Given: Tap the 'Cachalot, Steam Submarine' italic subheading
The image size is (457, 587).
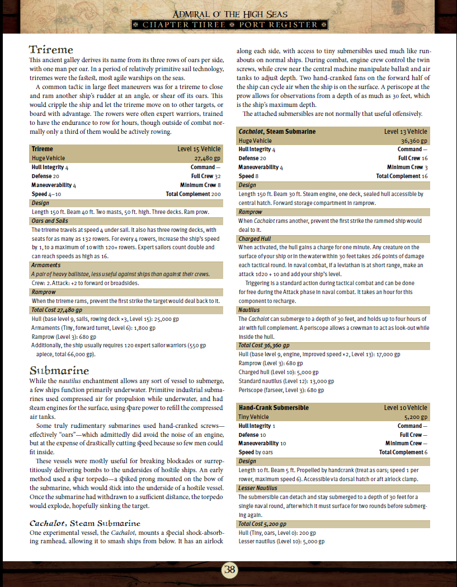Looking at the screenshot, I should pyautogui.click(x=81, y=523).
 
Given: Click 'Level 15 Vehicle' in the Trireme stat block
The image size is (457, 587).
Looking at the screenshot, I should pyautogui.click(x=199, y=149).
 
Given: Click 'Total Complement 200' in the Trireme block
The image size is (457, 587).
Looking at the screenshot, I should pyautogui.click(x=193, y=194).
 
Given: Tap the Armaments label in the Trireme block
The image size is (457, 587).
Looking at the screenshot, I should pyautogui.click(x=45, y=265).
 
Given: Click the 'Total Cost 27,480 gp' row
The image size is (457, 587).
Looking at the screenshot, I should pyautogui.click(x=57, y=310).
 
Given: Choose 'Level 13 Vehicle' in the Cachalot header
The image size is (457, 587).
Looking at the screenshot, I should pyautogui.click(x=406, y=132).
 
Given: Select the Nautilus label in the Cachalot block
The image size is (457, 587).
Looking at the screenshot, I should pyautogui.click(x=249, y=310).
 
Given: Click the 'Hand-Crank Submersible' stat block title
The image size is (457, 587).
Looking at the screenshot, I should pyautogui.click(x=274, y=408).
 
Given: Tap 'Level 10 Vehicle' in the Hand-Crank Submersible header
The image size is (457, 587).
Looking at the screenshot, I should pyautogui.click(x=406, y=408).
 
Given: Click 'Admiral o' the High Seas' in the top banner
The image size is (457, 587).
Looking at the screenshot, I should pyautogui.click(x=229, y=14).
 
